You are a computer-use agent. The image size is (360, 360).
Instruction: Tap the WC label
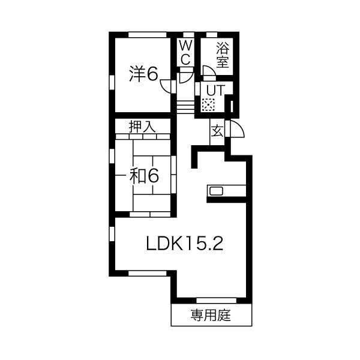[x=185, y=52]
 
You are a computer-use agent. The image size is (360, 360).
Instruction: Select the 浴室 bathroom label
[x=223, y=53]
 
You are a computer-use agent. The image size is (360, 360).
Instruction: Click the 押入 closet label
[x=142, y=127]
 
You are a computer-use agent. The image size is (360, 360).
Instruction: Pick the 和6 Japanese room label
[x=143, y=176]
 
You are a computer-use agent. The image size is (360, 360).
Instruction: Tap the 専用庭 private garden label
[x=211, y=314]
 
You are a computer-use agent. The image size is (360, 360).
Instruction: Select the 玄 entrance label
[x=217, y=131]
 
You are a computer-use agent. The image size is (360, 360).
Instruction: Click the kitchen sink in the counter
[x=215, y=191]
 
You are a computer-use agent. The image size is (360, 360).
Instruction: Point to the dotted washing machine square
[x=208, y=105]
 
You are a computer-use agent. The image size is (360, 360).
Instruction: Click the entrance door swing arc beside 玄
[x=235, y=130]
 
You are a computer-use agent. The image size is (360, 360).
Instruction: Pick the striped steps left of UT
[x=185, y=106]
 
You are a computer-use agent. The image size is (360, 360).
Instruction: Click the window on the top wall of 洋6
[x=143, y=32]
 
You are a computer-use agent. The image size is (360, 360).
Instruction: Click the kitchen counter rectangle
[x=226, y=191]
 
